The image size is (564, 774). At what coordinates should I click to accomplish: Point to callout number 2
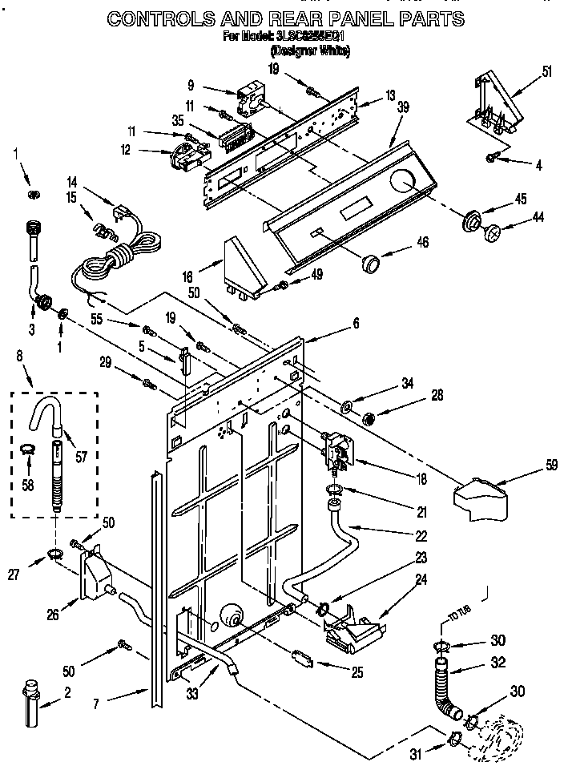click(67, 693)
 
